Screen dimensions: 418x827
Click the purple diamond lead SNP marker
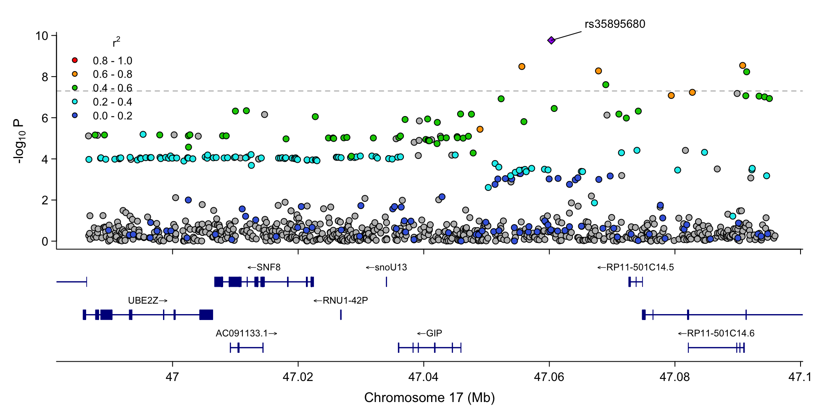click(551, 40)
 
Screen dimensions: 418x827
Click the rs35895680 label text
click(614, 24)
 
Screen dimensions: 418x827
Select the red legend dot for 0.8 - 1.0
click(75, 61)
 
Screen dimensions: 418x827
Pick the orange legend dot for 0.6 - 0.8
click(75, 74)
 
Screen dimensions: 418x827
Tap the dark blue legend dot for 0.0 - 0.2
click(75, 115)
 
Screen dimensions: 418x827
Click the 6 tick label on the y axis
click(45, 118)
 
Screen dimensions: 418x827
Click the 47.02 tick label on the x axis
click(298, 377)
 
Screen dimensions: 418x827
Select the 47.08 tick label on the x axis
click(674, 377)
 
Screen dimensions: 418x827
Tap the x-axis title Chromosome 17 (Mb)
click(429, 397)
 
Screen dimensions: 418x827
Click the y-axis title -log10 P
click(19, 141)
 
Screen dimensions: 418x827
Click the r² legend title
click(116, 42)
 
